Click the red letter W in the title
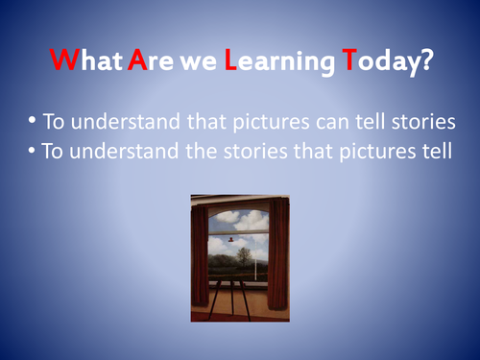[x=62, y=62]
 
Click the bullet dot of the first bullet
[x=34, y=123]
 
